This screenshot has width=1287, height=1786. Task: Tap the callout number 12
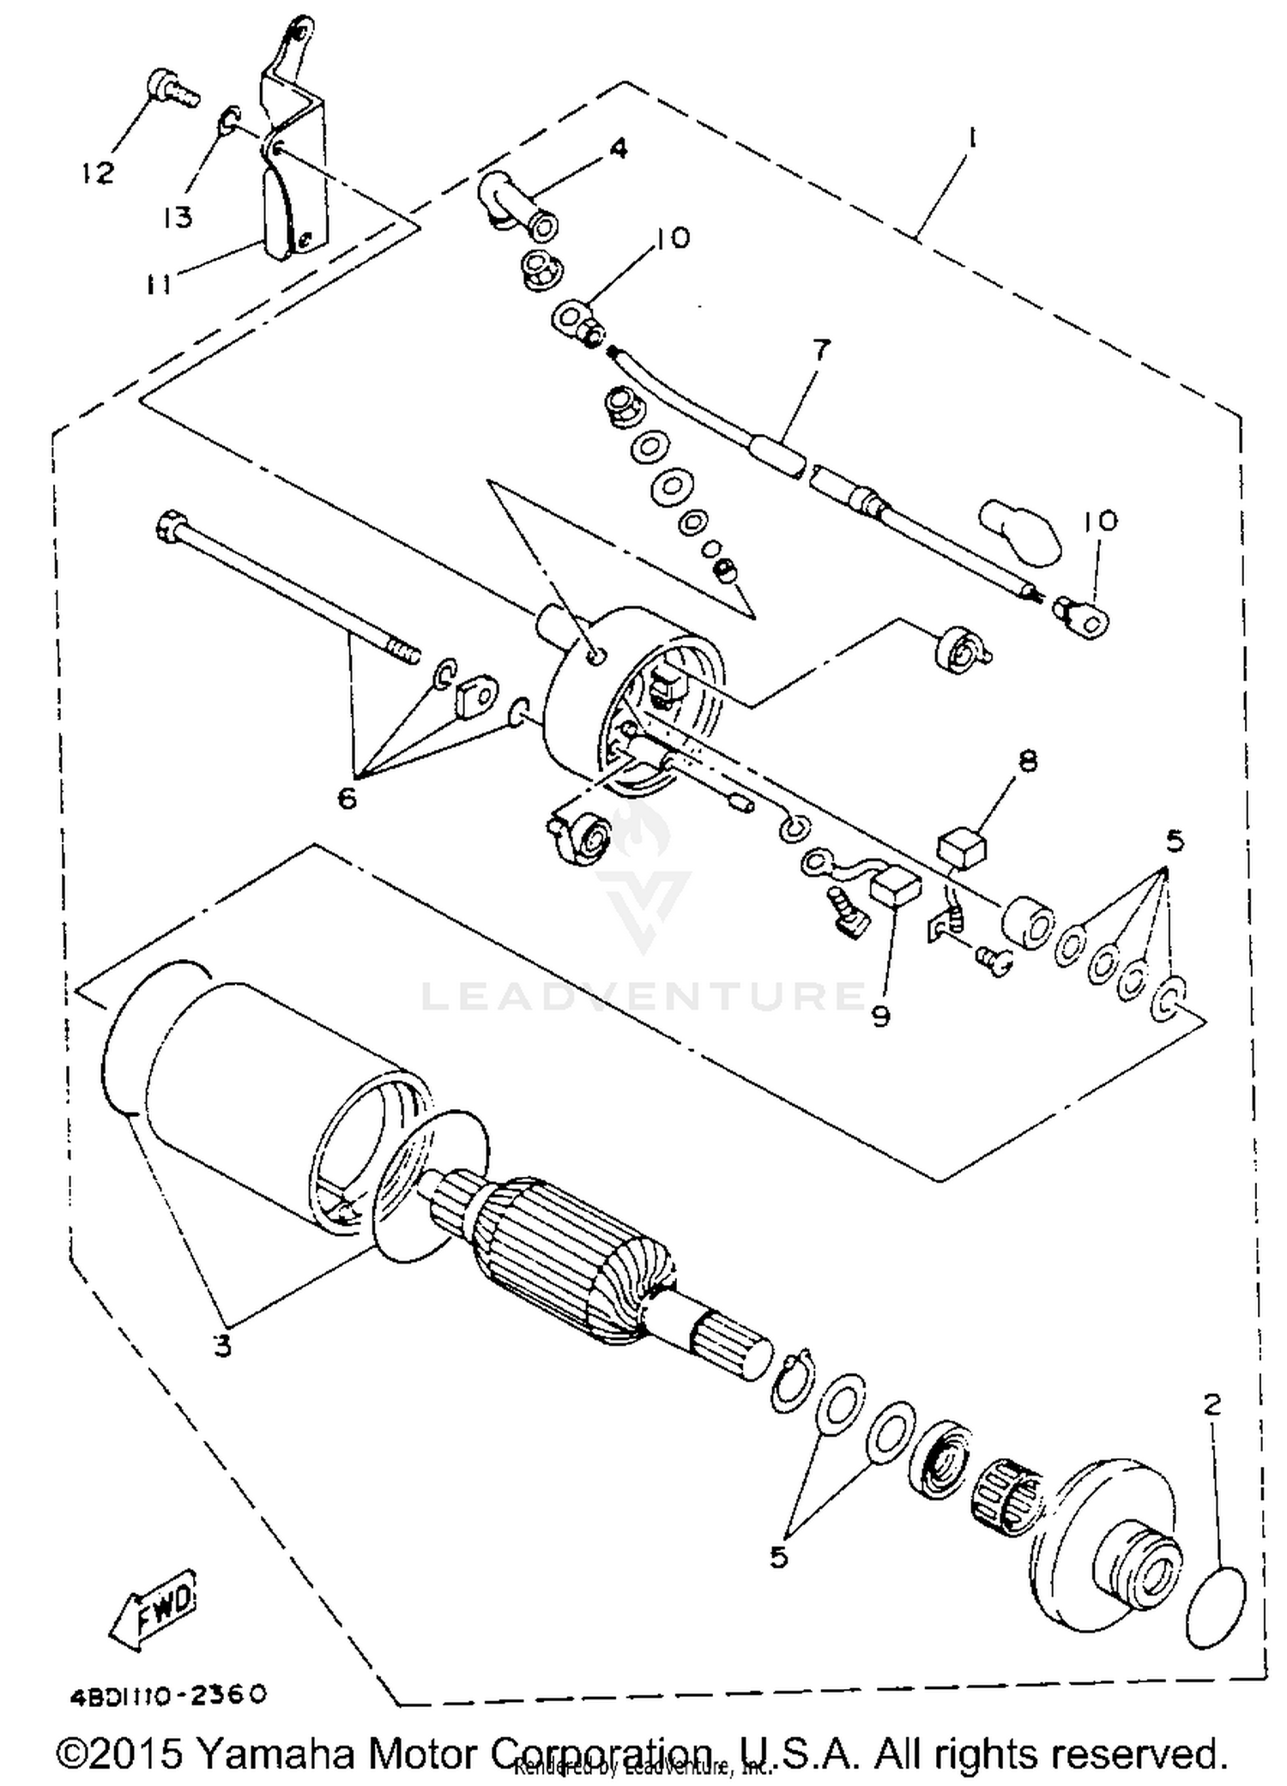click(x=99, y=173)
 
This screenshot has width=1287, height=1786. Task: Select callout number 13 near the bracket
click(x=178, y=217)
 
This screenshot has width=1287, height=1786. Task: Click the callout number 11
click(x=159, y=283)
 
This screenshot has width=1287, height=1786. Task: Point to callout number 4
click(x=618, y=148)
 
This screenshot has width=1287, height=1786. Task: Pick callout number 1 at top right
click(x=971, y=138)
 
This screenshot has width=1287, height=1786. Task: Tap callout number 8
click(x=1028, y=760)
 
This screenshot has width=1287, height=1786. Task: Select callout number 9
click(x=880, y=1016)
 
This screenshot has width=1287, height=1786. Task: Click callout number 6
click(x=347, y=798)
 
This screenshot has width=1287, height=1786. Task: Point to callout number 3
click(x=223, y=1345)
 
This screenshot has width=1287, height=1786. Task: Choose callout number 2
click(x=1212, y=1405)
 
